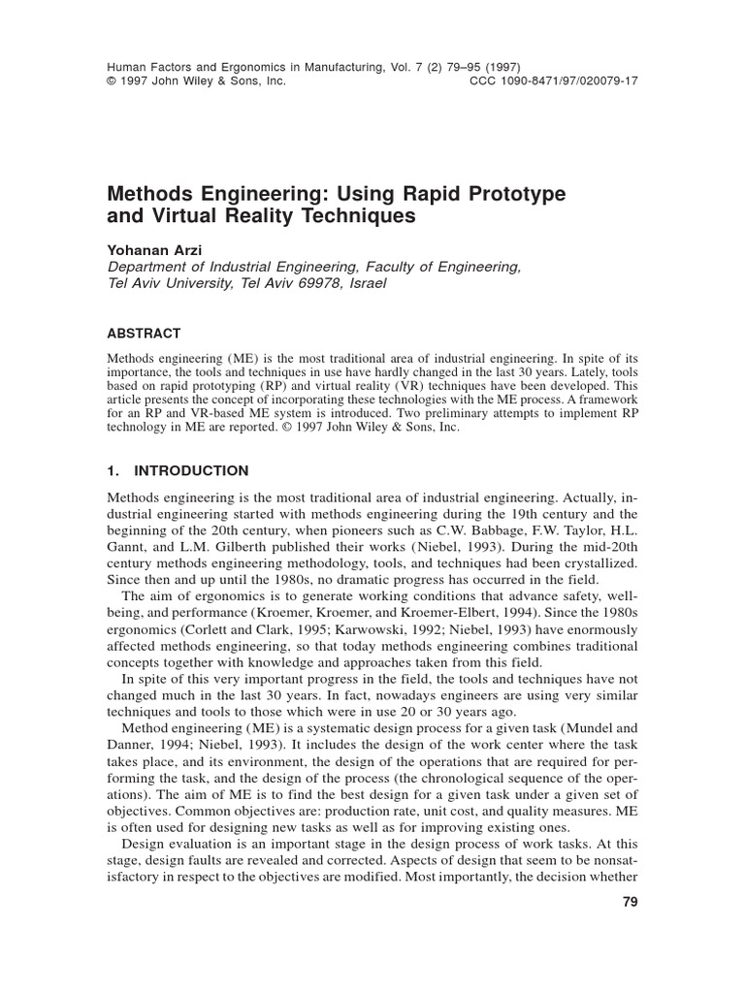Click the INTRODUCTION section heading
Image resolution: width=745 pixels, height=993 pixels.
click(x=191, y=470)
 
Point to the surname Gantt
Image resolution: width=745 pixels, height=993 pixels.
click(x=125, y=549)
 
